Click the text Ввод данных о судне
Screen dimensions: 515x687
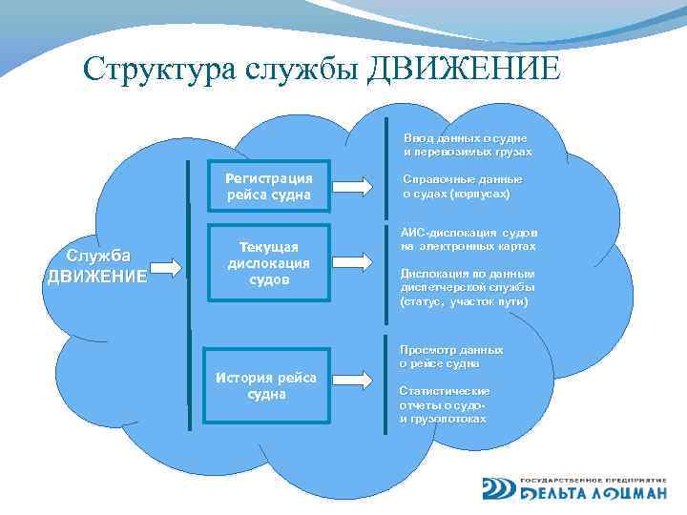[466, 145]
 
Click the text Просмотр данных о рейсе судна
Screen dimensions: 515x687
[450, 357]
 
